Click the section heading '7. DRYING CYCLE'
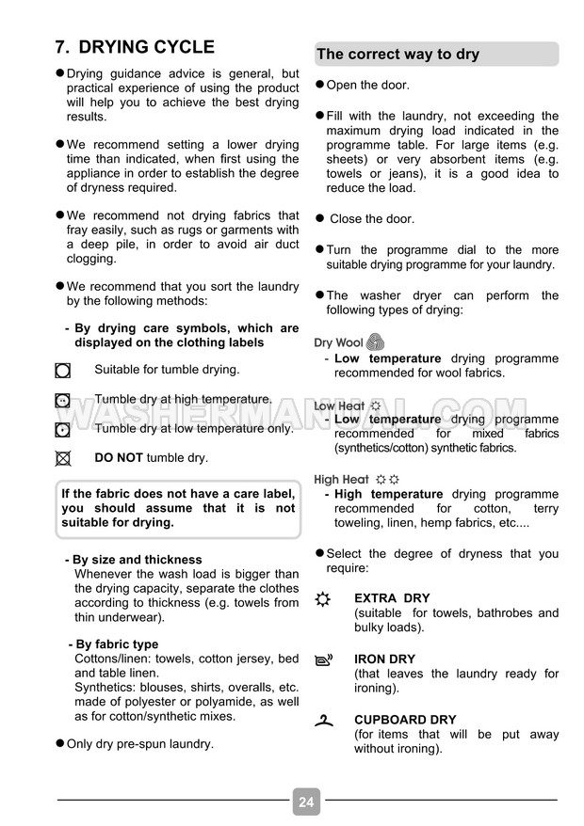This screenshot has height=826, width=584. (135, 47)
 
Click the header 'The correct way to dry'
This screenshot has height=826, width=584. (397, 55)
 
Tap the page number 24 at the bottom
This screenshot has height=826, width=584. (306, 802)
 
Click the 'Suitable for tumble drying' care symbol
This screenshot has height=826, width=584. (63, 371)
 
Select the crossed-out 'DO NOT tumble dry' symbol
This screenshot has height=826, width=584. (63, 459)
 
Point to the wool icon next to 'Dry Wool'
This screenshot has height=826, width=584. (375, 342)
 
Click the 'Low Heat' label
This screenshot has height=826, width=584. (339, 406)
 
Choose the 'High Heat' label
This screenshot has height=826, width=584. (341, 479)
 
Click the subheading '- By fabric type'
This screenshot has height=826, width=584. (113, 644)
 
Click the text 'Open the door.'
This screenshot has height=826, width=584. (367, 86)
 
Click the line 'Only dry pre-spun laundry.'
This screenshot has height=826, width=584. (139, 744)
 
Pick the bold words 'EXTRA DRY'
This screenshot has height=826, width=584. (392, 598)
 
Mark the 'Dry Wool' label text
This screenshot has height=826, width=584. (338, 343)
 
